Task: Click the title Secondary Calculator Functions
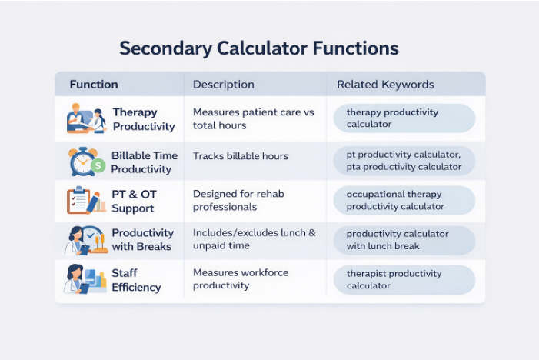click(x=258, y=49)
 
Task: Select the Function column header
click(x=94, y=85)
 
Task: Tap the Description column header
click(x=223, y=85)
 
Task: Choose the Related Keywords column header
click(x=385, y=85)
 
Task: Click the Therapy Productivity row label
click(x=144, y=119)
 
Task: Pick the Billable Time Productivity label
click(x=144, y=162)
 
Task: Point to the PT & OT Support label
click(x=133, y=202)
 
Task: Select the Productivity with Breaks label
click(x=142, y=239)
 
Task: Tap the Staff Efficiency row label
click(x=137, y=281)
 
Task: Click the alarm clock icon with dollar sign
click(x=85, y=162)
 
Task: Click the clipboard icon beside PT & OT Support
click(x=83, y=201)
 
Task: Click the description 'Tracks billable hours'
click(x=241, y=156)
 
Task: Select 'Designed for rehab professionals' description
click(x=238, y=200)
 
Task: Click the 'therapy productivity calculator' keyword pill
click(x=404, y=118)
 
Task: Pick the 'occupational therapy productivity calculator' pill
click(x=404, y=200)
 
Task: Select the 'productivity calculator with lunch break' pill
click(x=404, y=240)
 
